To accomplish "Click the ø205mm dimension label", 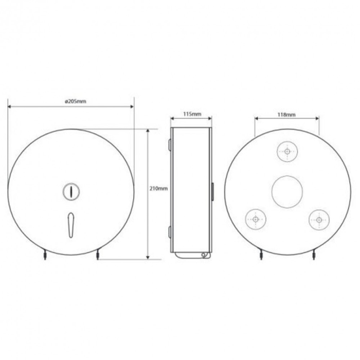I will pos(76,101).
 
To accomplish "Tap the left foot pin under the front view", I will pos(45,255).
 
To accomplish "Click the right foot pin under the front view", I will pos(97,255).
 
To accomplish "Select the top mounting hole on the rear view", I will pos(287,151).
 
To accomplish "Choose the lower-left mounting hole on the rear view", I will pos(256,219).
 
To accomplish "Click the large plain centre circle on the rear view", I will pos(287,191).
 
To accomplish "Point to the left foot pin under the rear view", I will pos(261,255).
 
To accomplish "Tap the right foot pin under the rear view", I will pos(314,255).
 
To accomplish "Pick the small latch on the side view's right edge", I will pos(213,191).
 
